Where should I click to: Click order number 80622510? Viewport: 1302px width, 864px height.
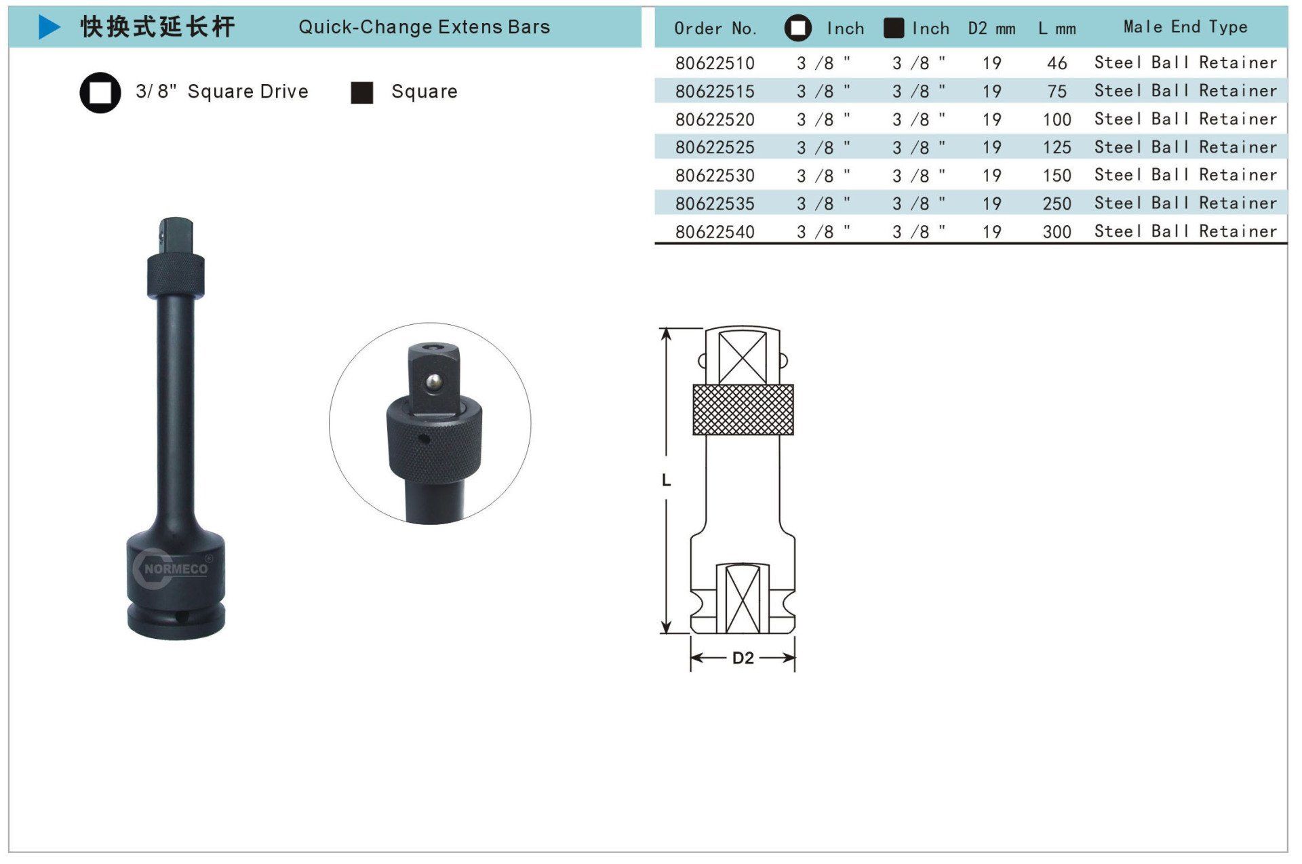click(715, 63)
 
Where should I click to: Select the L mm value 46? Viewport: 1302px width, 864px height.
click(1057, 63)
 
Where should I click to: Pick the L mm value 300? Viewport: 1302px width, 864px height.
click(1057, 232)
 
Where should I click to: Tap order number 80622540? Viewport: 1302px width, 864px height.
click(715, 232)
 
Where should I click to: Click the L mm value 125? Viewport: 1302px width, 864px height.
click(1057, 147)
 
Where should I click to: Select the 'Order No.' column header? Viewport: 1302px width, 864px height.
click(715, 28)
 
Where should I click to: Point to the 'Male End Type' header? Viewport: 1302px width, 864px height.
click(1185, 27)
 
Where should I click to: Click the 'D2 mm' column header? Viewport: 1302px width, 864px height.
click(991, 28)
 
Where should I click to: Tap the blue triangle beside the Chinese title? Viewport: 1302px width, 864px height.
click(50, 27)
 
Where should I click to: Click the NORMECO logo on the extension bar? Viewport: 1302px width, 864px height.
click(173, 568)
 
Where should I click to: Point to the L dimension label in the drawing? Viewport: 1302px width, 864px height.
click(666, 480)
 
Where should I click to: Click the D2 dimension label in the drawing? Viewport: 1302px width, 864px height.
click(743, 658)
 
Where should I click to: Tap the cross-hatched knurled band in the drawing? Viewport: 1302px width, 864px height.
click(743, 410)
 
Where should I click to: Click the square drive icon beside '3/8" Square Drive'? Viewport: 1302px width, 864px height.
click(100, 92)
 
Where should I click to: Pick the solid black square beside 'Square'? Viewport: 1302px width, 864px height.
click(362, 93)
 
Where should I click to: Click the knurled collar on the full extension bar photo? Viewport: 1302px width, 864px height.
click(176, 276)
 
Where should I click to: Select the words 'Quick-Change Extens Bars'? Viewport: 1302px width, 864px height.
click(425, 27)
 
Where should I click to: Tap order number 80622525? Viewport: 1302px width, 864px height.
click(715, 147)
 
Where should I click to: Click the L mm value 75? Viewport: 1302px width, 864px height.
click(1057, 92)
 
